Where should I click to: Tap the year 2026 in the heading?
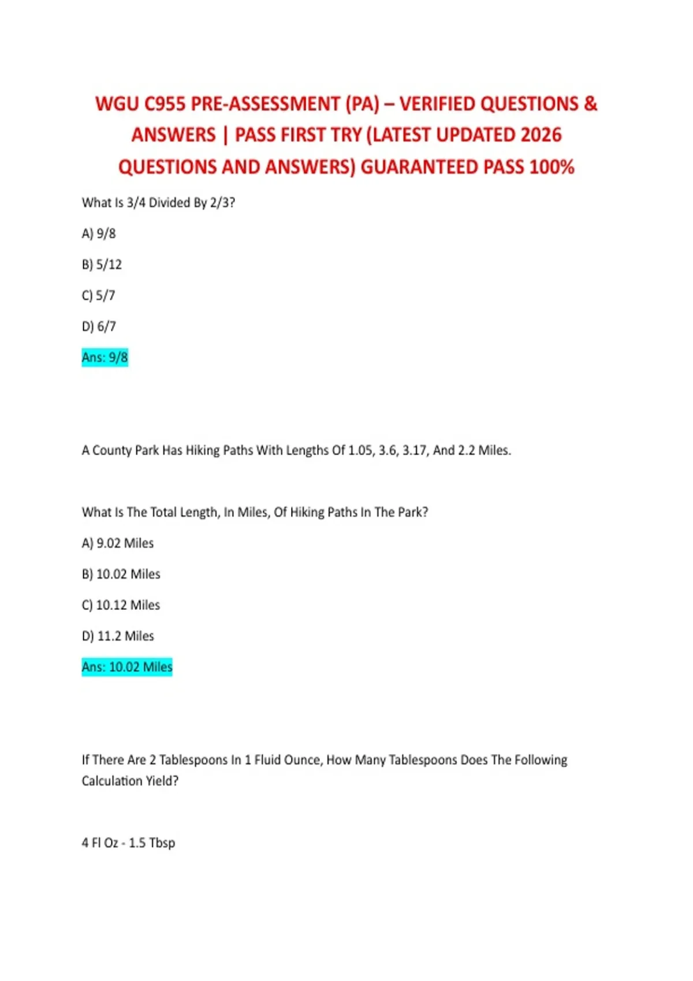click(x=541, y=136)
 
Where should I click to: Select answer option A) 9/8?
click(x=99, y=234)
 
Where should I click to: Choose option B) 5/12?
click(x=102, y=265)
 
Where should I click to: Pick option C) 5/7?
click(x=99, y=295)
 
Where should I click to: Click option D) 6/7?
click(x=99, y=327)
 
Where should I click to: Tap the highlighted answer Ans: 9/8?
click(x=105, y=358)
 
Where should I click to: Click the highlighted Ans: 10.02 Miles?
click(x=127, y=667)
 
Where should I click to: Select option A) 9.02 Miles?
click(x=118, y=544)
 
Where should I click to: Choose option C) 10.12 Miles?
click(x=121, y=605)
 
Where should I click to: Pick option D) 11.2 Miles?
click(x=118, y=636)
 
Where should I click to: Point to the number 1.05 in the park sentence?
click(x=360, y=451)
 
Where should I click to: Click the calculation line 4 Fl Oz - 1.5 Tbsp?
click(x=128, y=843)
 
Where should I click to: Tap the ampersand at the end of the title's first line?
click(x=590, y=104)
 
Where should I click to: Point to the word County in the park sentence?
click(x=112, y=451)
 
